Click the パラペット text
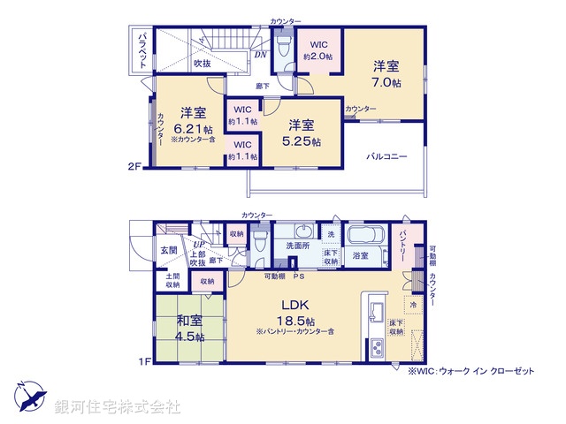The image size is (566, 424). pyautogui.click(x=142, y=49)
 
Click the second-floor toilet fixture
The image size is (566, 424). pyautogui.click(x=284, y=43)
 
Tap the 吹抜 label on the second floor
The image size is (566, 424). pyautogui.click(x=203, y=63)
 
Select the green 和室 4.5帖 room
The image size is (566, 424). pyautogui.click(x=189, y=329)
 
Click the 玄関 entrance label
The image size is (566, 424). pyautogui.click(x=169, y=250)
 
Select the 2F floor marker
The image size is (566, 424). pyautogui.click(x=134, y=165)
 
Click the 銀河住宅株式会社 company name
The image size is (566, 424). pyautogui.click(x=118, y=407)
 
